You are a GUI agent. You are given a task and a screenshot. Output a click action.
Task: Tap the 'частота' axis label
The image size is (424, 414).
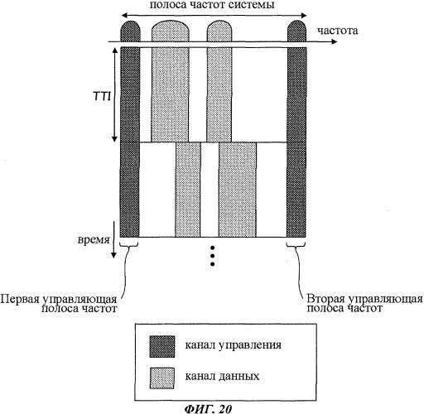[337, 31]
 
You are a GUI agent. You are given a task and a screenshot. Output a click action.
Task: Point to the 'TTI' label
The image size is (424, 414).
[102, 96]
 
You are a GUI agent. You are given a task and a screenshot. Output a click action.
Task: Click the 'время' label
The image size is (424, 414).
[94, 240]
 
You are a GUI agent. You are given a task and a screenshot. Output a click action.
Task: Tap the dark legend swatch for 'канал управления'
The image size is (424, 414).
[162, 346]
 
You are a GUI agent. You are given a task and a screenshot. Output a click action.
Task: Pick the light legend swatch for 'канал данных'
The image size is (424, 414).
[162, 378]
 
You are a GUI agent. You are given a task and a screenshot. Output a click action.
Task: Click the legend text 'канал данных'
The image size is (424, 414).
[222, 377]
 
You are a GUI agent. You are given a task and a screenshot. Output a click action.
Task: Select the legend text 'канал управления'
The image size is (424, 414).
[234, 345]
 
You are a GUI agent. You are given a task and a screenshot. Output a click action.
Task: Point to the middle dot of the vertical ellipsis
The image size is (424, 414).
[212, 256]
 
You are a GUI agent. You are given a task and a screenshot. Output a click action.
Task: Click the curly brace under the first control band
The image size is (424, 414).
[129, 244]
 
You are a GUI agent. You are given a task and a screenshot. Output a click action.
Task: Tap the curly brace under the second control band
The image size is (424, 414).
[296, 244]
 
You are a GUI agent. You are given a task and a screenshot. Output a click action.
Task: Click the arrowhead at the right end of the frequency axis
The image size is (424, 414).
[335, 41]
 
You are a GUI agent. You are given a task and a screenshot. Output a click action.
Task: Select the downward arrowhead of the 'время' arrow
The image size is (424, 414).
[113, 255]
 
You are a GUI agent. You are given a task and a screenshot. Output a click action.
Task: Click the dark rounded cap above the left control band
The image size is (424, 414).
[130, 31]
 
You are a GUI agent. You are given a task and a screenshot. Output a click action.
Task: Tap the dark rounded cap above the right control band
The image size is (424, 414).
[296, 31]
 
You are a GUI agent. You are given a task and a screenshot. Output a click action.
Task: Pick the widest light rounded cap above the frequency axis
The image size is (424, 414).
[171, 31]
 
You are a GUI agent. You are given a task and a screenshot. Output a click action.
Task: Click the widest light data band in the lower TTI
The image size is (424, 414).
[238, 190]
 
